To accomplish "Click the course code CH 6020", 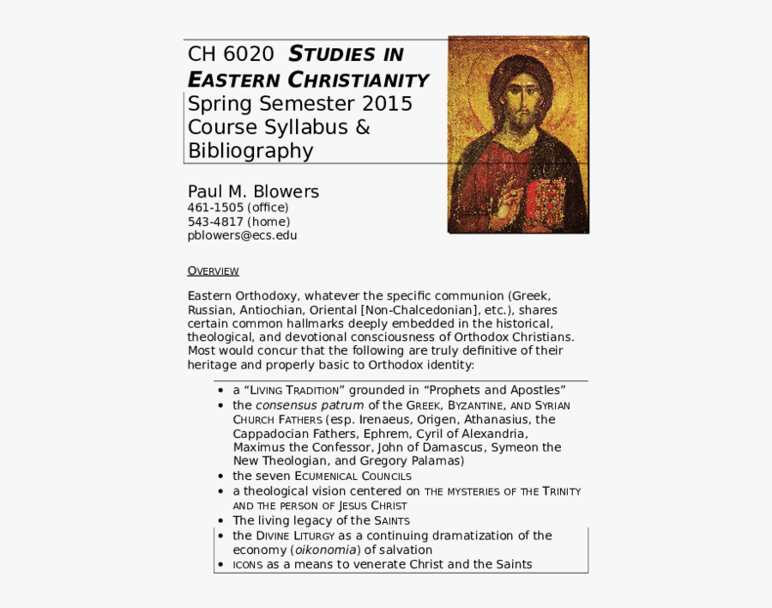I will point(231,54).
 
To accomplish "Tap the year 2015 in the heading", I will point(387,104).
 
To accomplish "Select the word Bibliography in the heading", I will point(250,151).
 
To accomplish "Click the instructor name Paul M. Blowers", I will point(253,192).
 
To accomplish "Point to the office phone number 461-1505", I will point(215,207).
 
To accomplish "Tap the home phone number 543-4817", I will point(215,221).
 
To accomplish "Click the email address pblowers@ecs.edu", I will point(243,234).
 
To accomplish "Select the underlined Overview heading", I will point(213,271).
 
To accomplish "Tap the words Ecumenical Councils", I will point(353,476).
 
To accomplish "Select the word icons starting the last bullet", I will point(247,564).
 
